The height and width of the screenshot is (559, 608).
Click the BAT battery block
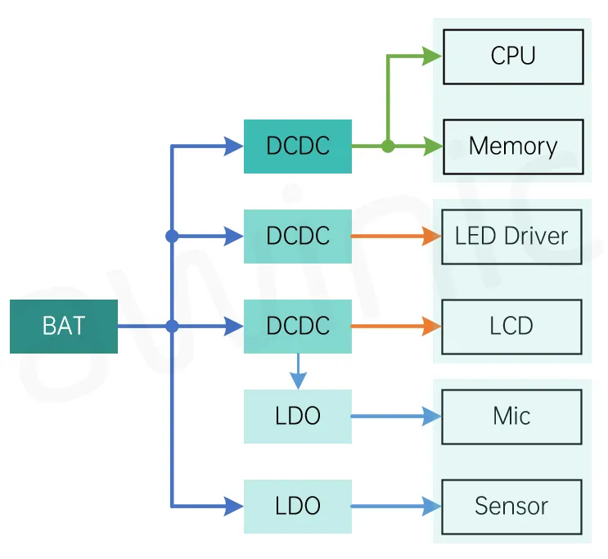64,327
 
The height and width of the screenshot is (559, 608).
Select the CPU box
513,56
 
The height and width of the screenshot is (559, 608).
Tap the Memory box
513,147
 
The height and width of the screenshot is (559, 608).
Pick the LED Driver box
511,237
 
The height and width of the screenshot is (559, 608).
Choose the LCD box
511,327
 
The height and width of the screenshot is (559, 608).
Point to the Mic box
511,417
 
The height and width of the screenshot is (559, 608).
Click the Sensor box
511,507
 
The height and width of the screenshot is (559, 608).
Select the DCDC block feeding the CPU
298,147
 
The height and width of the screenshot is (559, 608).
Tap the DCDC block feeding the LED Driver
298,237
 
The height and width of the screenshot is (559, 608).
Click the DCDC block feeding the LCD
298,327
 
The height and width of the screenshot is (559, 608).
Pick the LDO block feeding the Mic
298,417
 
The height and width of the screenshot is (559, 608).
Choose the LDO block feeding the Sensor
298,507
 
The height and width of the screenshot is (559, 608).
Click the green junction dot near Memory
388,147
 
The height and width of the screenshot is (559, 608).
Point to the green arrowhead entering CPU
432,56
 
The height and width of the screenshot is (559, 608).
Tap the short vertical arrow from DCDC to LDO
298,372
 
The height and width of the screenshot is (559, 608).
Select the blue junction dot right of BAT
172,327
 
